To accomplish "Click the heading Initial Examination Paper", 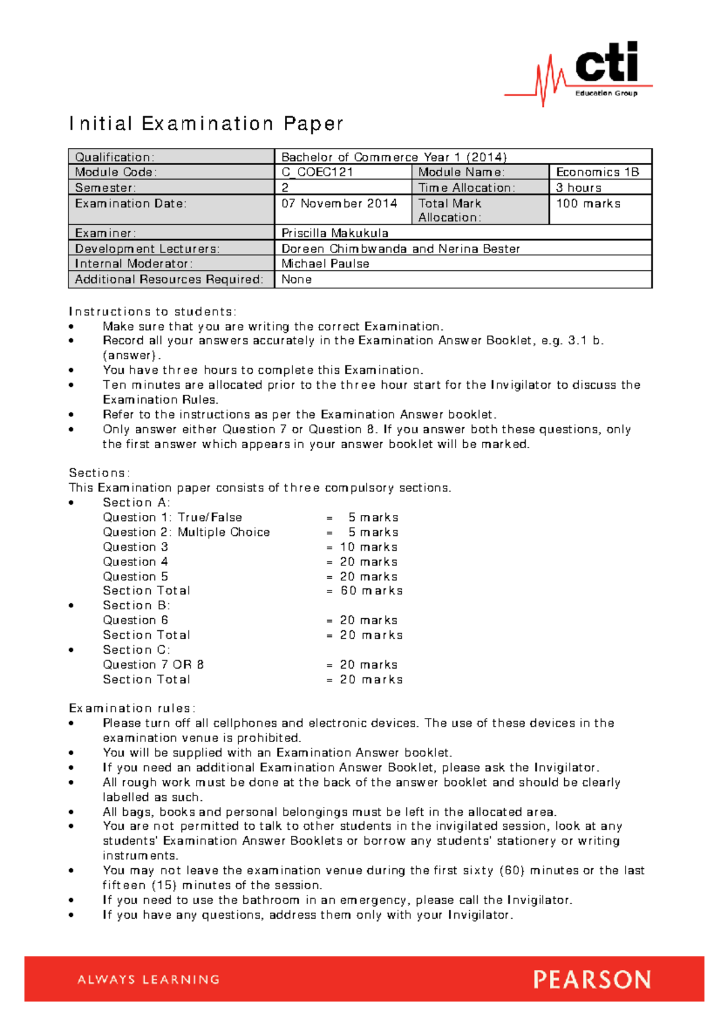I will coord(206,124).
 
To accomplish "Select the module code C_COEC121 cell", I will coord(317,172).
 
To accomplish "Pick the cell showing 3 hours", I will coord(578,187).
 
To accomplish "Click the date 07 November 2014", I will coord(339,204).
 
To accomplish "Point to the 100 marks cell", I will coord(588,204).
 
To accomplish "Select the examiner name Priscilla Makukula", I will coord(335,233).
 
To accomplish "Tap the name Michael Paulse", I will coord(325,264).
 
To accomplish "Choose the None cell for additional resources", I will coord(296,279).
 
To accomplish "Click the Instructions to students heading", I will coord(153,312).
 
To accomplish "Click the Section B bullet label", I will coord(136,606).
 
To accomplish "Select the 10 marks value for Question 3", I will coord(368,547).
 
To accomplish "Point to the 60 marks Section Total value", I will coord(371,591).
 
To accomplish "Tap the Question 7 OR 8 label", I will coord(153,665).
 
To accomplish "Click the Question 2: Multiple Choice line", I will coord(186,532).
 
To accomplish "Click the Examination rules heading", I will coord(132,708).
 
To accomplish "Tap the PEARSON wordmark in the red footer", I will coord(592,980).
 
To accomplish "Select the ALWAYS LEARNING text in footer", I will coord(148,980).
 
